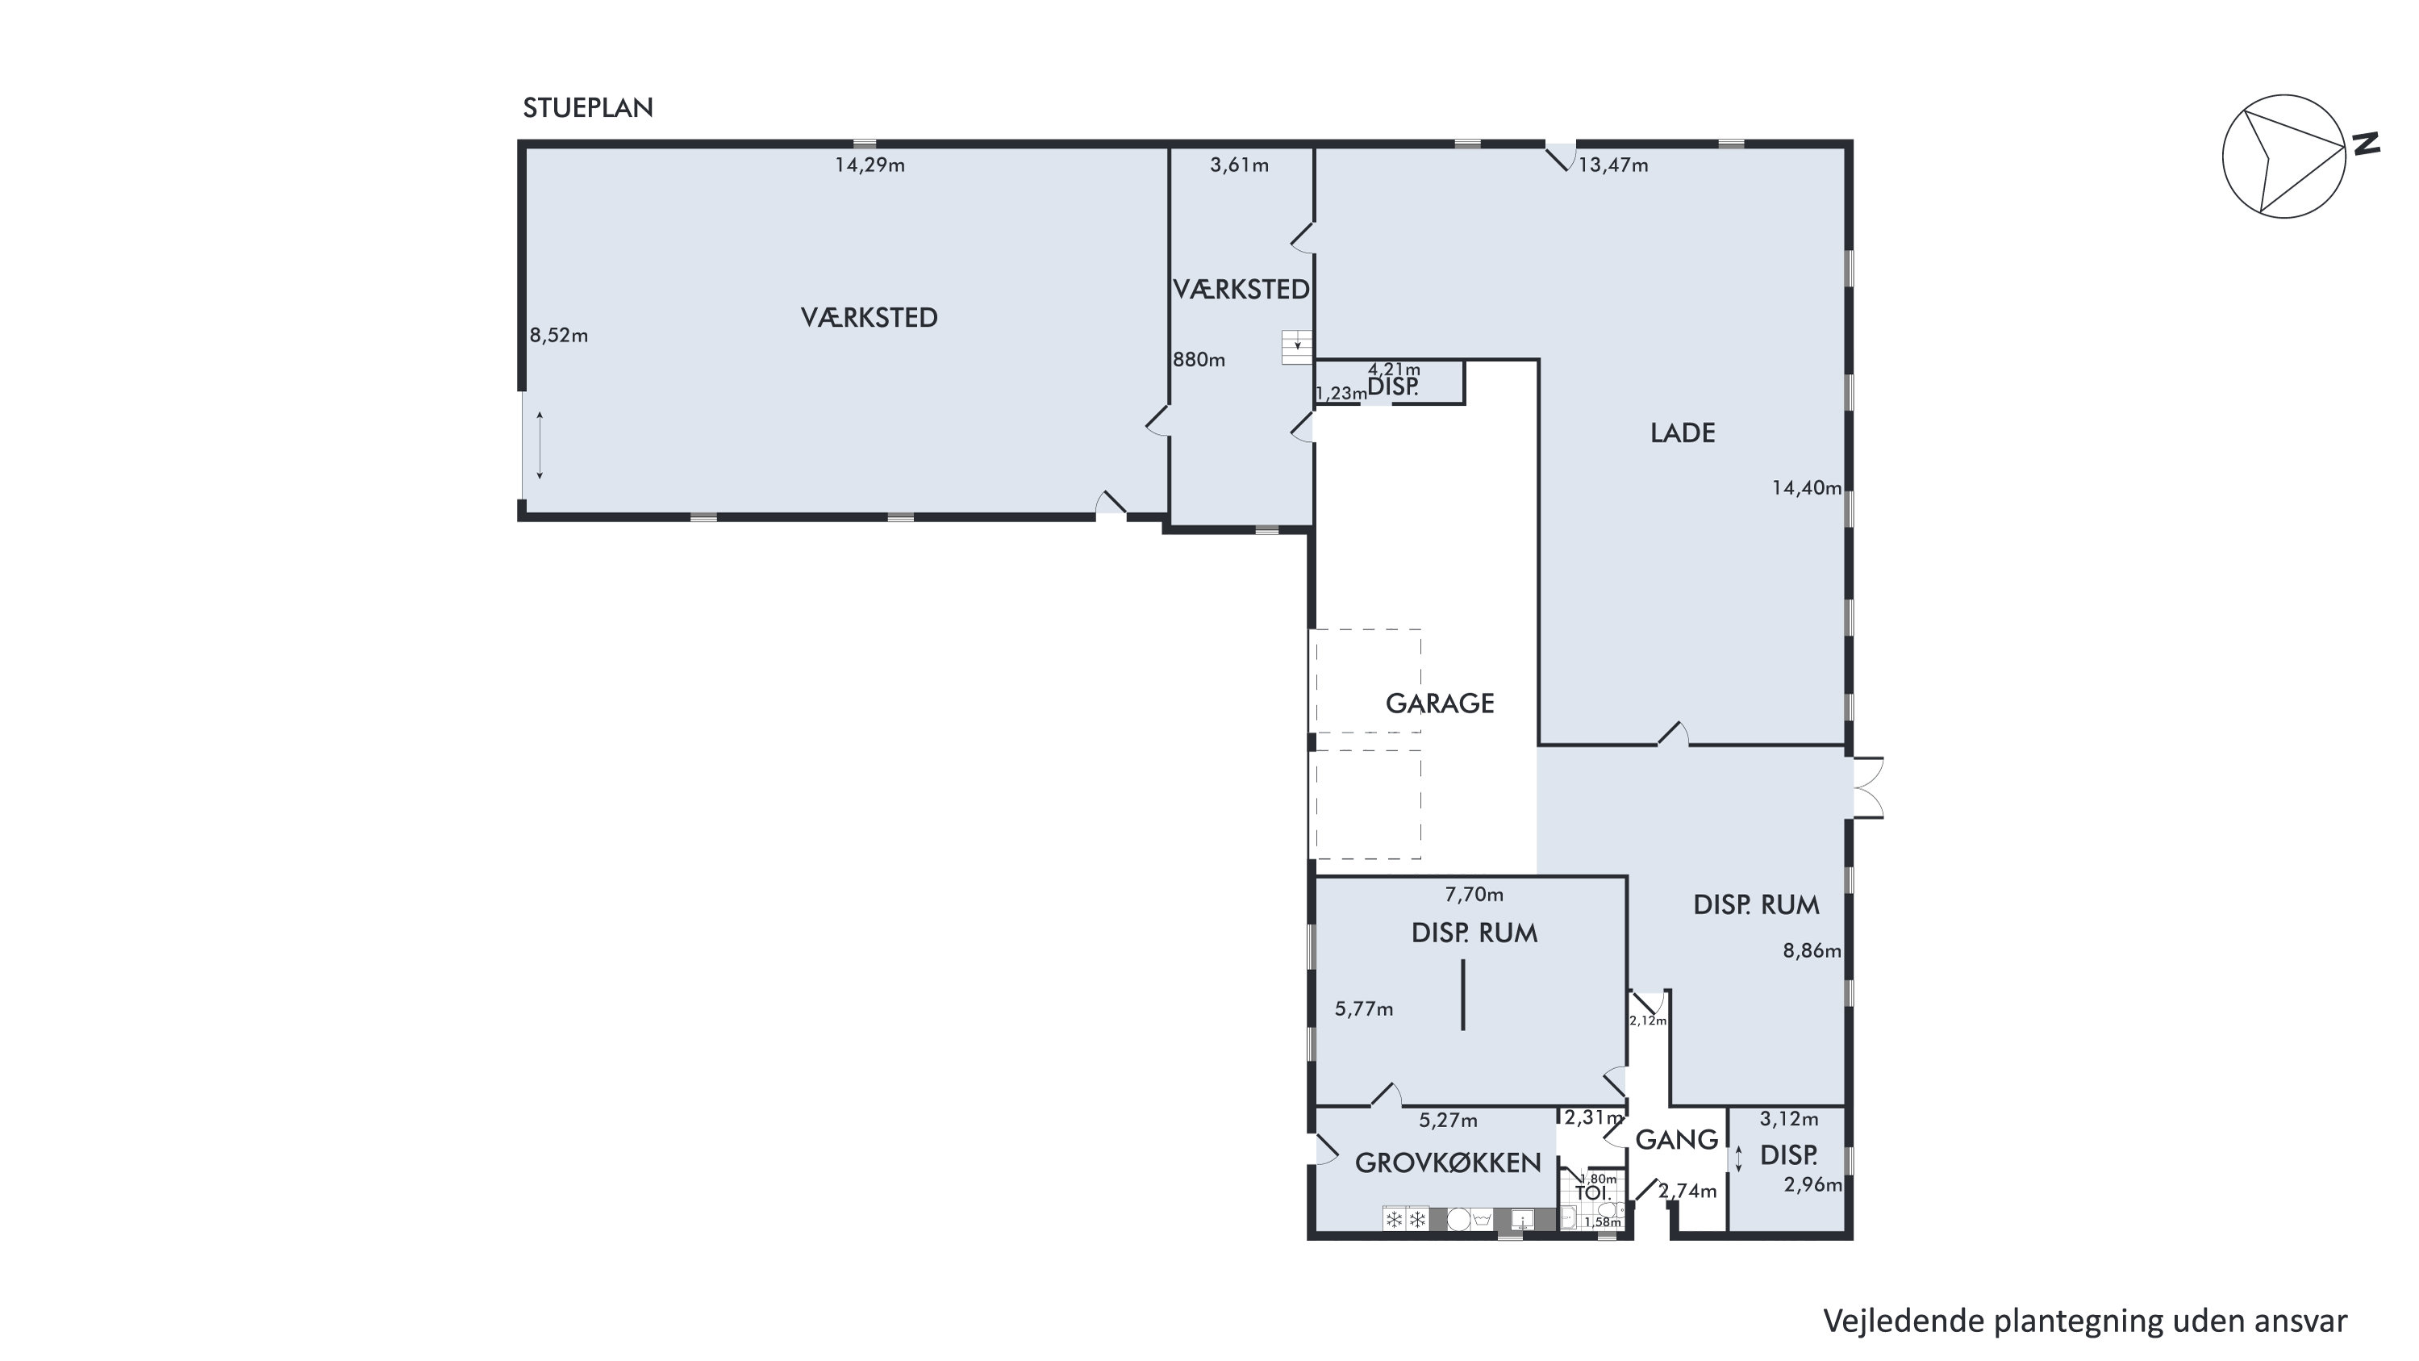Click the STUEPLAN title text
(x=588, y=108)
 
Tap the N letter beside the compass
(x=2367, y=143)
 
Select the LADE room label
(x=1683, y=433)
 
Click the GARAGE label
(x=1440, y=703)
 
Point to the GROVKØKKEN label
(x=1448, y=1163)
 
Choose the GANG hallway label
(x=1676, y=1140)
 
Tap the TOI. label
(x=1592, y=1194)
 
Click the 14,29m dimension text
(x=870, y=165)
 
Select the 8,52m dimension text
(x=559, y=336)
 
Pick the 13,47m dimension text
(x=1613, y=165)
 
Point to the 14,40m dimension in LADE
(x=1806, y=487)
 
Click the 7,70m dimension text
(x=1474, y=894)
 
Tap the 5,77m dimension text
(x=1363, y=1008)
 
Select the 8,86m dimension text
(x=1812, y=950)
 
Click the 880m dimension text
(x=1199, y=360)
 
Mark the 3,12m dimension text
(x=1789, y=1119)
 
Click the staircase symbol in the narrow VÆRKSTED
(x=1297, y=347)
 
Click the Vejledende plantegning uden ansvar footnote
(x=2085, y=1321)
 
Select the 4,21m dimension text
(x=1394, y=370)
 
